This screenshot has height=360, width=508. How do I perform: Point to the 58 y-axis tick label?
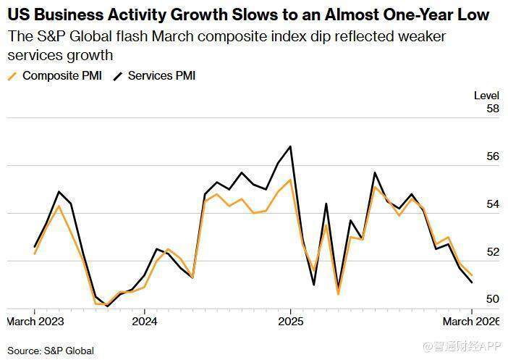click(493, 109)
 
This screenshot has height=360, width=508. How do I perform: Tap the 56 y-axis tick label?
click(493, 156)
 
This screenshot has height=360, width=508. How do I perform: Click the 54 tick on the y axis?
click(493, 204)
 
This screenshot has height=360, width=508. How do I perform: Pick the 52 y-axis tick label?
click(493, 252)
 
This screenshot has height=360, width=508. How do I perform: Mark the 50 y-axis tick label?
click(493, 299)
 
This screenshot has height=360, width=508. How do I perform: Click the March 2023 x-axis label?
click(35, 320)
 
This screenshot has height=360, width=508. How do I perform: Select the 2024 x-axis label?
click(144, 320)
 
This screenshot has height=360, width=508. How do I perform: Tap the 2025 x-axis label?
click(290, 320)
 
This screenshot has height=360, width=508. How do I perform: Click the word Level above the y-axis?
click(486, 95)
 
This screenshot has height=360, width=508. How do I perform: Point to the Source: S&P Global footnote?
click(51, 351)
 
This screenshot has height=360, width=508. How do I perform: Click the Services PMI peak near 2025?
click(290, 146)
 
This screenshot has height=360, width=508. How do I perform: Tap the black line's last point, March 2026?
click(472, 282)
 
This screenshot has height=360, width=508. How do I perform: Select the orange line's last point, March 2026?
click(472, 275)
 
